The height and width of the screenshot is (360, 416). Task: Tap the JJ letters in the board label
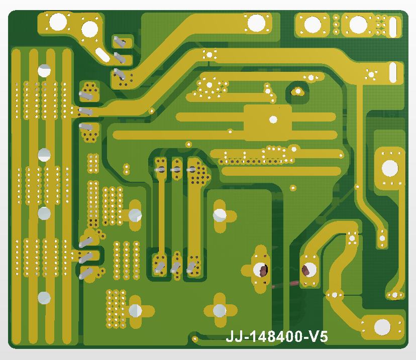(234, 337)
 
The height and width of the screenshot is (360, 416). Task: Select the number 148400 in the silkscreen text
(276, 337)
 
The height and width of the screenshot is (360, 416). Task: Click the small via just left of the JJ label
(195, 339)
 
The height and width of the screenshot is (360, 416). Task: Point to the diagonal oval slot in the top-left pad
(102, 55)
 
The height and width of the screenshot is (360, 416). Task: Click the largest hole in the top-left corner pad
(58, 22)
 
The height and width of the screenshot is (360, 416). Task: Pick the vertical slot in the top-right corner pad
(393, 27)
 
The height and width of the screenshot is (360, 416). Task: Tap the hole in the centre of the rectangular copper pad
(273, 119)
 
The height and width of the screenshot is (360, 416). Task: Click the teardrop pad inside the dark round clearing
(297, 91)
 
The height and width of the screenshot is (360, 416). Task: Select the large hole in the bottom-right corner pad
(382, 327)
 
